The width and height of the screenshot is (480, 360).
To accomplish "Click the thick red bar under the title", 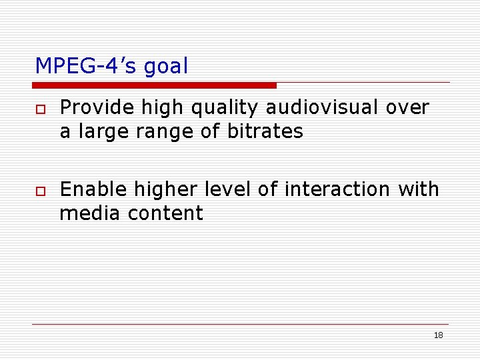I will (154, 85).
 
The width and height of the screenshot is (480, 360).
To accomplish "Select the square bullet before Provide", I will (40, 109).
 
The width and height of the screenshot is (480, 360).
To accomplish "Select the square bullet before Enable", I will (40, 191).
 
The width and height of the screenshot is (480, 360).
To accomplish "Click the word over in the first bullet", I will (408, 108).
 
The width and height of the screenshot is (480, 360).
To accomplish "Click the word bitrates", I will (265, 131).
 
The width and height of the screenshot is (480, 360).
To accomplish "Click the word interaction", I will (337, 189).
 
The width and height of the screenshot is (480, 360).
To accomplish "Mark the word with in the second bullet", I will (419, 189).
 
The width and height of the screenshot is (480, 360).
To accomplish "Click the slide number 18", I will (438, 335).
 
